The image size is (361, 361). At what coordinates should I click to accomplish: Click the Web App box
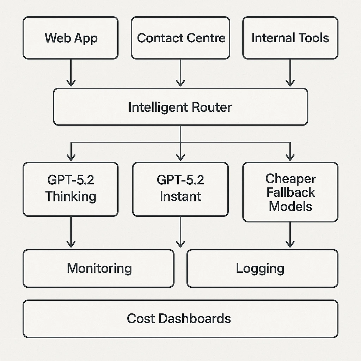click(71, 38)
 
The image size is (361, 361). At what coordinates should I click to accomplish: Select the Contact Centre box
click(180, 38)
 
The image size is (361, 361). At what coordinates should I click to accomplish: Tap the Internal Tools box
click(290, 38)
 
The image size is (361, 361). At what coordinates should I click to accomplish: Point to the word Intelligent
click(157, 107)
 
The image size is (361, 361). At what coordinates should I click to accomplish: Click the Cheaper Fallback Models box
click(290, 192)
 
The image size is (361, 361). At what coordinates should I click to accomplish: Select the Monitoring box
click(99, 268)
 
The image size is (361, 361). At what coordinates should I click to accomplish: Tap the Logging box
click(262, 268)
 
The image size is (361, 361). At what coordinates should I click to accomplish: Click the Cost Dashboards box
click(180, 319)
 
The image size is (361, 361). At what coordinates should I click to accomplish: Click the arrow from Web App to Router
click(71, 73)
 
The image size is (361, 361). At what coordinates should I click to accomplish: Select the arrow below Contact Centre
click(180, 73)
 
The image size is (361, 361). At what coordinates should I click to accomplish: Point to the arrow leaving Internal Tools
click(290, 73)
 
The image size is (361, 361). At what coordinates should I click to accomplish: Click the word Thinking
click(71, 196)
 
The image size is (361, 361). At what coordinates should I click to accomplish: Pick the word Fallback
click(290, 192)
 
